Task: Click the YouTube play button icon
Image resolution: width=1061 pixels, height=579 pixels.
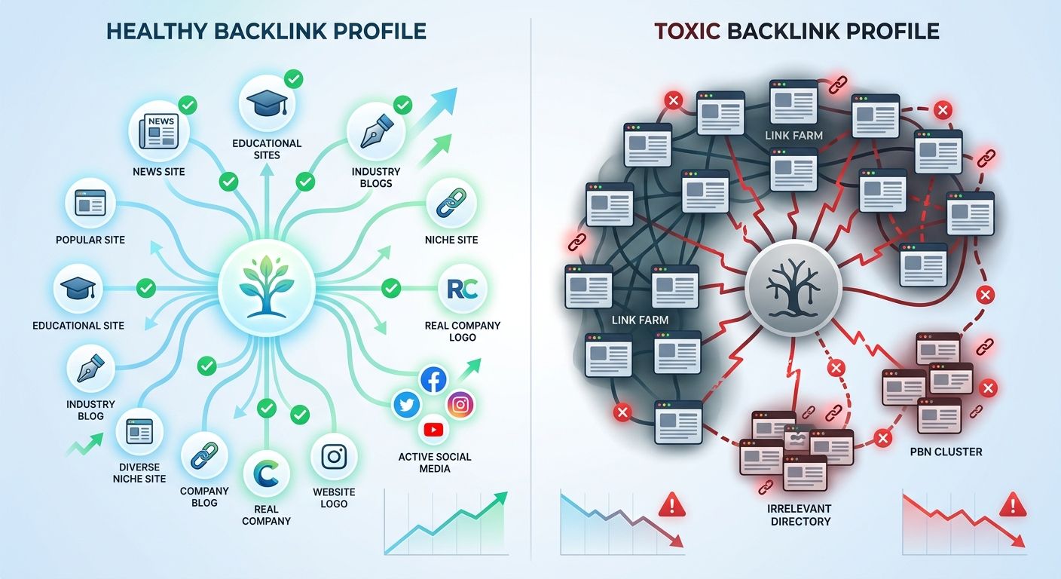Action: pyautogui.click(x=434, y=430)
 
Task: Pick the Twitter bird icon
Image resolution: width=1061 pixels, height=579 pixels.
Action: pyautogui.click(x=408, y=405)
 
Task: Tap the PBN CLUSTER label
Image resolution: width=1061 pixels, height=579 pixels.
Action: pyautogui.click(x=946, y=452)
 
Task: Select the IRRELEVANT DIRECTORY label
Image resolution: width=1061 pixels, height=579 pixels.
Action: pyautogui.click(x=800, y=515)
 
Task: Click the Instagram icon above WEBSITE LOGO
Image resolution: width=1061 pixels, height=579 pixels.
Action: pyautogui.click(x=333, y=457)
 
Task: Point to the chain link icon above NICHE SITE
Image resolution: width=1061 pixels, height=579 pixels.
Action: pyautogui.click(x=452, y=203)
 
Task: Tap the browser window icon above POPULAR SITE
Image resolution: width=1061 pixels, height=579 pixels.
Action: pyautogui.click(x=90, y=203)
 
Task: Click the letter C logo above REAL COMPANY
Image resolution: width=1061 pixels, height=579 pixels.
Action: pyautogui.click(x=267, y=473)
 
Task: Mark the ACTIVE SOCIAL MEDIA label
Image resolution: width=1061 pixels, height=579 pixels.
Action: pyautogui.click(x=434, y=462)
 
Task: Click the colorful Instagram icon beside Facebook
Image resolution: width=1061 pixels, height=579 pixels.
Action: pyautogui.click(x=460, y=405)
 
